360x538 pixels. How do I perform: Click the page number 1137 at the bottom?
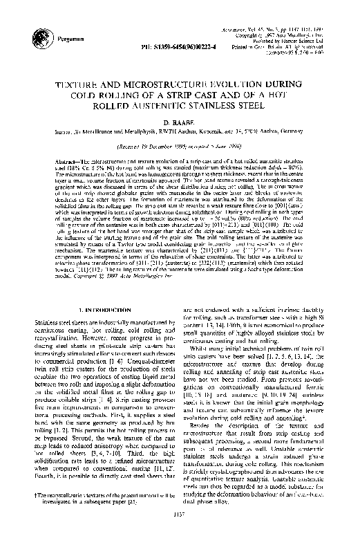click(180, 521)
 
